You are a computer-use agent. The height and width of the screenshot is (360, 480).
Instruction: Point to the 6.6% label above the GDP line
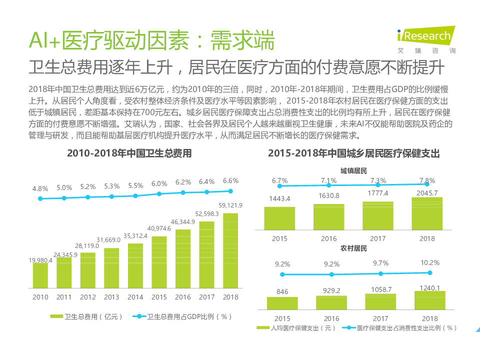(x=230, y=180)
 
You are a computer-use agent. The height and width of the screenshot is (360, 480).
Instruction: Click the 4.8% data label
(x=40, y=188)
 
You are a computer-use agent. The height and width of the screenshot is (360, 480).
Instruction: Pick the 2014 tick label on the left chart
(x=135, y=297)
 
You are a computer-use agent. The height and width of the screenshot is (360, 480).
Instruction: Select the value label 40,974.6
(x=159, y=228)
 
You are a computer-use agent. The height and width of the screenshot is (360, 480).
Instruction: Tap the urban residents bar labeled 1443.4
(x=279, y=218)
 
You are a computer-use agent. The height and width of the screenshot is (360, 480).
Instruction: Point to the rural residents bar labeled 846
(x=282, y=303)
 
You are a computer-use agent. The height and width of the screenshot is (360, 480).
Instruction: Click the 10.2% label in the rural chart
(x=430, y=262)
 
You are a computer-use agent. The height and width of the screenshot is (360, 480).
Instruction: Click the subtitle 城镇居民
(x=353, y=171)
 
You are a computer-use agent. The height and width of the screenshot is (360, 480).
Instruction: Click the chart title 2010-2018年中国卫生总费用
(x=129, y=153)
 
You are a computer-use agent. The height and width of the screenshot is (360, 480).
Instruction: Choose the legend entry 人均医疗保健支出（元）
(x=296, y=328)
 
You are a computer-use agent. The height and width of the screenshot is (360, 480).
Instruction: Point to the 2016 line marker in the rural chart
(x=331, y=274)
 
